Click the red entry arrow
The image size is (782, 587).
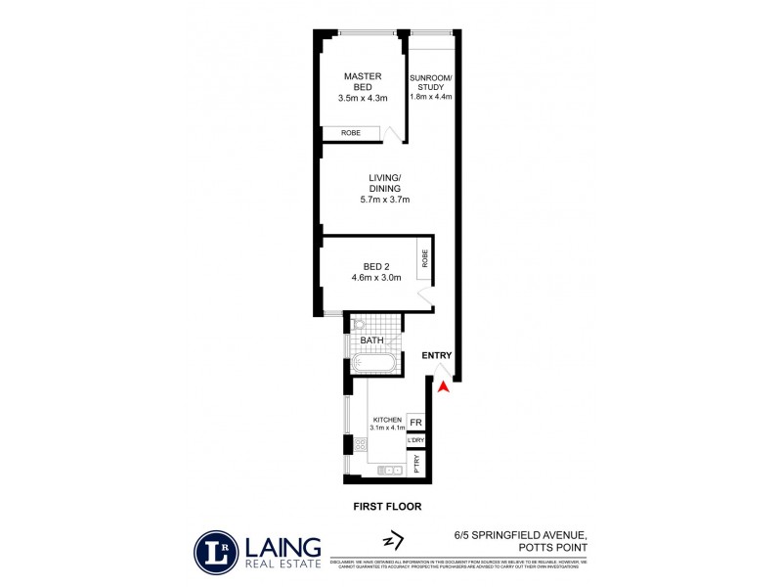(443, 387)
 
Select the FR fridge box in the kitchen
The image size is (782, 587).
(415, 423)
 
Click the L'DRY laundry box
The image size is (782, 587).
(415, 441)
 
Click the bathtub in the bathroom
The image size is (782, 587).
(374, 364)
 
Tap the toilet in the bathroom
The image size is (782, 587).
(359, 324)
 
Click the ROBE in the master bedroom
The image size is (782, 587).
(351, 134)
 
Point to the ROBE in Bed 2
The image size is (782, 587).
(424, 258)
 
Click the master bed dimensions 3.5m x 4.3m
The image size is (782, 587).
(363, 98)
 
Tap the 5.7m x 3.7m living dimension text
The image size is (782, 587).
(388, 200)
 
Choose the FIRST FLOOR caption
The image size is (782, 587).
(388, 507)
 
